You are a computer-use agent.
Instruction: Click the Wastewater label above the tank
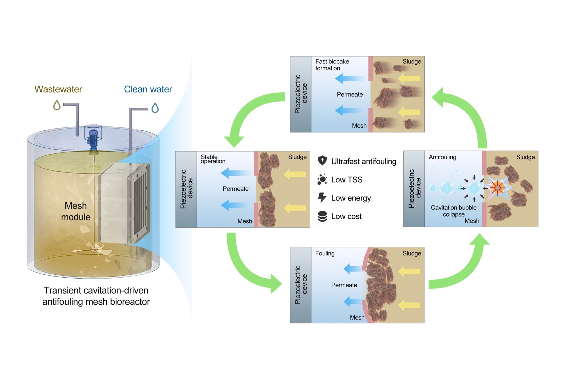click(x=58, y=89)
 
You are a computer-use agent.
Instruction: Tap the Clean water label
click(x=148, y=89)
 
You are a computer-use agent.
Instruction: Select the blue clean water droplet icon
click(x=155, y=108)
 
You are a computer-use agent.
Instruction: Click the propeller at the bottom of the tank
click(x=93, y=249)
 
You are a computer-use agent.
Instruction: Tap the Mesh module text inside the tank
click(x=76, y=211)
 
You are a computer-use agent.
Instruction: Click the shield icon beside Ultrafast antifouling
click(x=322, y=161)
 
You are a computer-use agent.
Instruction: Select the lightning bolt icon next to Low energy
click(x=322, y=198)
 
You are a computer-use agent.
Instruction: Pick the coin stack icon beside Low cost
click(x=322, y=216)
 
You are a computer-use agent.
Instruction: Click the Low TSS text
click(x=347, y=180)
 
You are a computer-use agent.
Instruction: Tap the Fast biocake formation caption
click(x=332, y=65)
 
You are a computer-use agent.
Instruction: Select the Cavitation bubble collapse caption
click(x=453, y=211)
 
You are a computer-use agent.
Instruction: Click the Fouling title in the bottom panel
click(x=325, y=253)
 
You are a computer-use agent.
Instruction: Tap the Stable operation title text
click(x=212, y=159)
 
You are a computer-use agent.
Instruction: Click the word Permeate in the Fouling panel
click(x=344, y=285)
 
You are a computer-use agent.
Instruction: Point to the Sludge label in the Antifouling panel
click(x=525, y=157)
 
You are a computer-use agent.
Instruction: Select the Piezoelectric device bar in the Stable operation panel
click(x=186, y=189)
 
